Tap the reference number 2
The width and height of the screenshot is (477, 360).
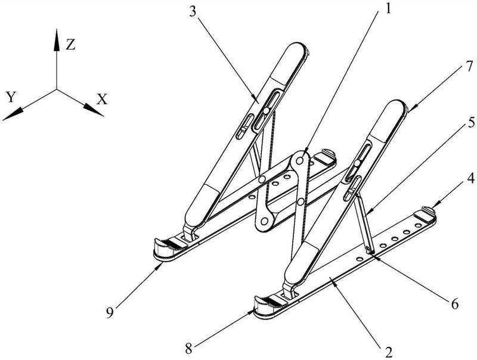pos(388,352)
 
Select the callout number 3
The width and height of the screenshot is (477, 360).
pos(192,11)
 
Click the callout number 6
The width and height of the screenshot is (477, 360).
pos(454,303)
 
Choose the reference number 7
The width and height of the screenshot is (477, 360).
pos(470,67)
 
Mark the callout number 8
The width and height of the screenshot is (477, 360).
pos(188,349)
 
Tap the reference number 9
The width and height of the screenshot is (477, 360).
pos(110,312)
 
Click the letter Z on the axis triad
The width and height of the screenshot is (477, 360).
pos(70,45)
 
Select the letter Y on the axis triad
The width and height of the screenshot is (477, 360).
pos(11,97)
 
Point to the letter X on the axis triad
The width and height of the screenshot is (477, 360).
pos(102,99)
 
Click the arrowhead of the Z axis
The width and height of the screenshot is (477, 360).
pos(57,39)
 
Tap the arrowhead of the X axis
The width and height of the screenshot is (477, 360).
pos(94,110)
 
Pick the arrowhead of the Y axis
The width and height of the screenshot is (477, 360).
pos(13,114)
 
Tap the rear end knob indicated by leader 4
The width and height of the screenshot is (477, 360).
pos(428,210)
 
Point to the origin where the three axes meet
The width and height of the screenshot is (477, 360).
pos(57,89)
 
